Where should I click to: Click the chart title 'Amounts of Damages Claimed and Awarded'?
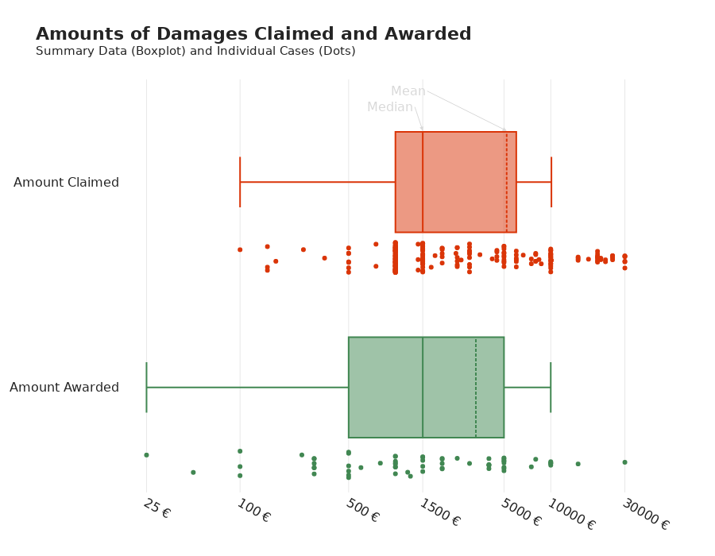(253, 35)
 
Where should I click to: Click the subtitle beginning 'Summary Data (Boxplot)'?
(195, 52)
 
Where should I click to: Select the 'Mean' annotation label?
(408, 91)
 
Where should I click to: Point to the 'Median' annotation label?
(389, 107)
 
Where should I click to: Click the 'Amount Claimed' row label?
(66, 183)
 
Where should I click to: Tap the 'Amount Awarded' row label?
(64, 388)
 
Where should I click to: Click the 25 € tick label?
(157, 508)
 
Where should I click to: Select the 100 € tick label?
(253, 511)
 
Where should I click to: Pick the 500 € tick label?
(362, 511)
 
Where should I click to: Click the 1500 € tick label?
(439, 512)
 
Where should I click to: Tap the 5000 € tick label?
(520, 512)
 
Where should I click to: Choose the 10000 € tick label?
(570, 515)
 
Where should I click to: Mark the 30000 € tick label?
(645, 515)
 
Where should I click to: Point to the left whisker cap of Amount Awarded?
(146, 388)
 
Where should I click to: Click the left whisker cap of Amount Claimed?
(240, 182)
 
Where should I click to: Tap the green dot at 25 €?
(146, 455)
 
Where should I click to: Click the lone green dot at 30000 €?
(624, 462)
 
